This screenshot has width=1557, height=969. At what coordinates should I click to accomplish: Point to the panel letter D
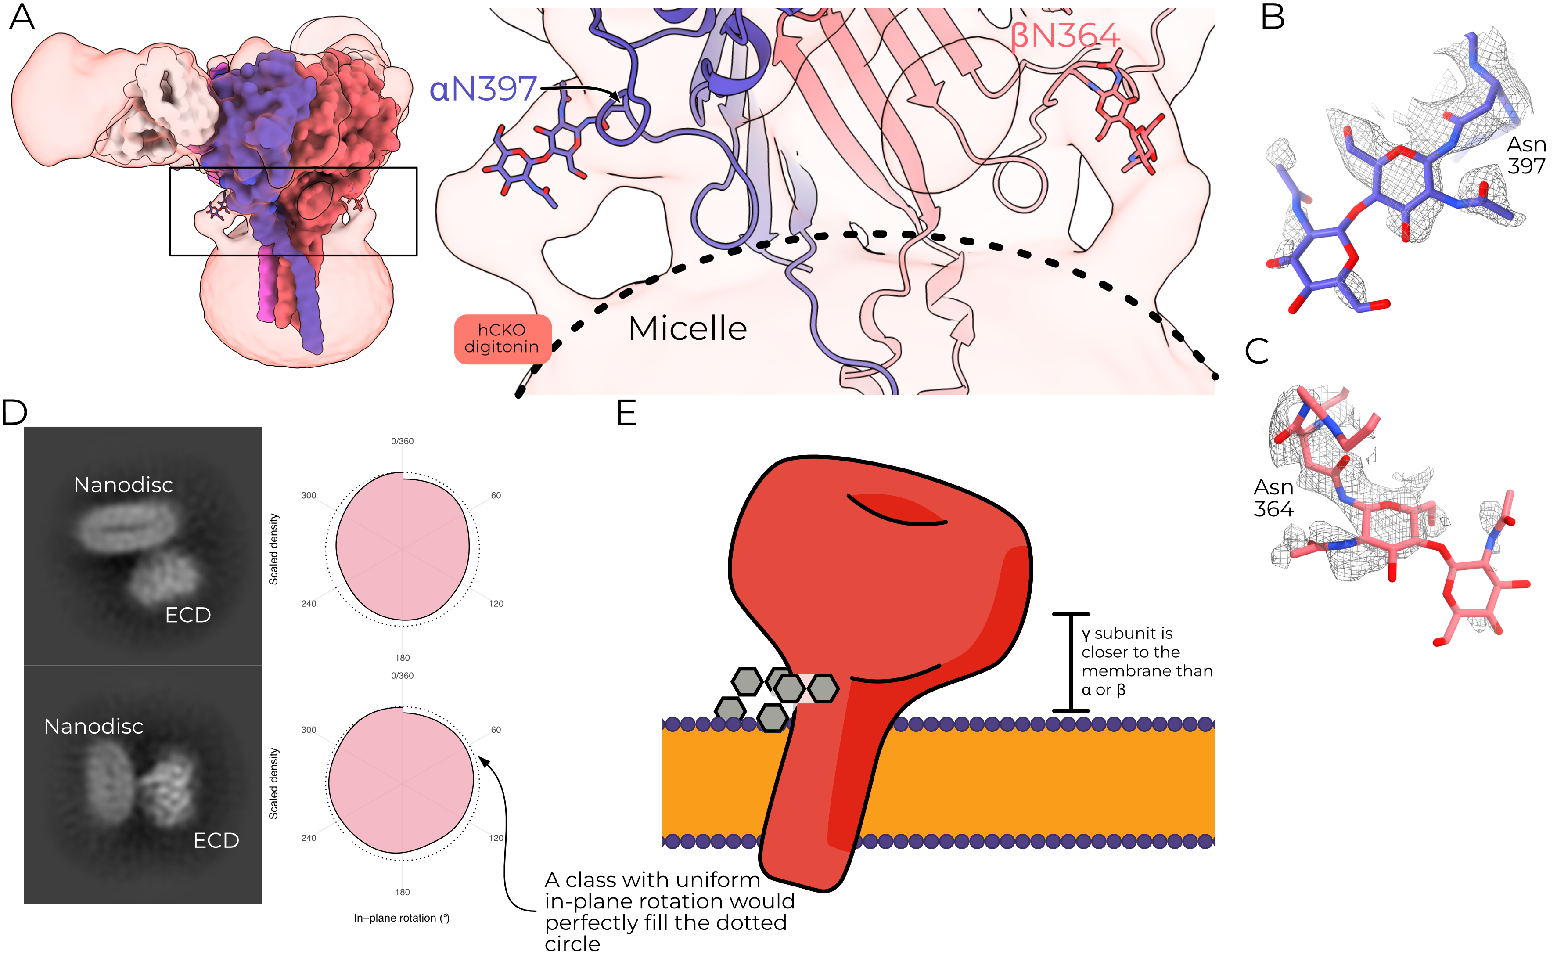tap(14, 413)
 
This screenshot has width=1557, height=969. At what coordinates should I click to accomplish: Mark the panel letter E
tap(626, 413)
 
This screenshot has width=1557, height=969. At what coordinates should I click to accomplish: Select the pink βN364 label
tap(1065, 36)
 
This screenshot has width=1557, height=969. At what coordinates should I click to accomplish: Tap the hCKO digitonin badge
tap(502, 339)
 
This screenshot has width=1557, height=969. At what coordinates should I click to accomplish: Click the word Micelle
tap(687, 329)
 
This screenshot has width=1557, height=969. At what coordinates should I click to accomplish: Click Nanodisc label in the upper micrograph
tap(124, 485)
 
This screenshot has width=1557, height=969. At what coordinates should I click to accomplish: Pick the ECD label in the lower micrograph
tap(216, 840)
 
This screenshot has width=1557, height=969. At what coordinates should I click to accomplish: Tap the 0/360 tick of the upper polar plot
tap(403, 442)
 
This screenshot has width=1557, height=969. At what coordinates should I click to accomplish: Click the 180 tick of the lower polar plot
tap(403, 892)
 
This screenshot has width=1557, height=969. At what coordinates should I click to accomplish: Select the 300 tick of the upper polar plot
tap(309, 495)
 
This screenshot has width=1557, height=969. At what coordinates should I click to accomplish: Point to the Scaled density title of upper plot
tap(273, 549)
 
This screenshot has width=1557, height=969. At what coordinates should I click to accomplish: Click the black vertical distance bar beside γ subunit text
tap(1071, 662)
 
